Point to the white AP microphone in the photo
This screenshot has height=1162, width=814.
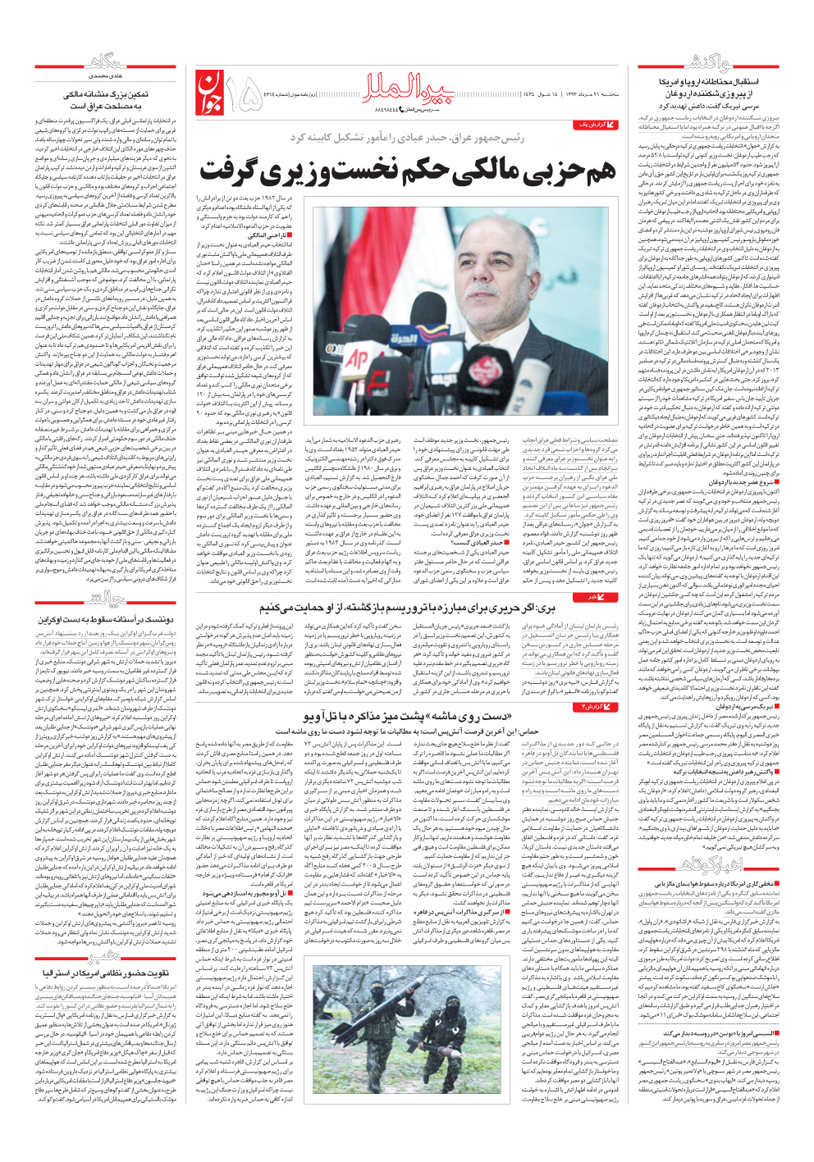[x=358, y=358]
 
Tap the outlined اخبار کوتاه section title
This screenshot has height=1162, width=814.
[x=707, y=864]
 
